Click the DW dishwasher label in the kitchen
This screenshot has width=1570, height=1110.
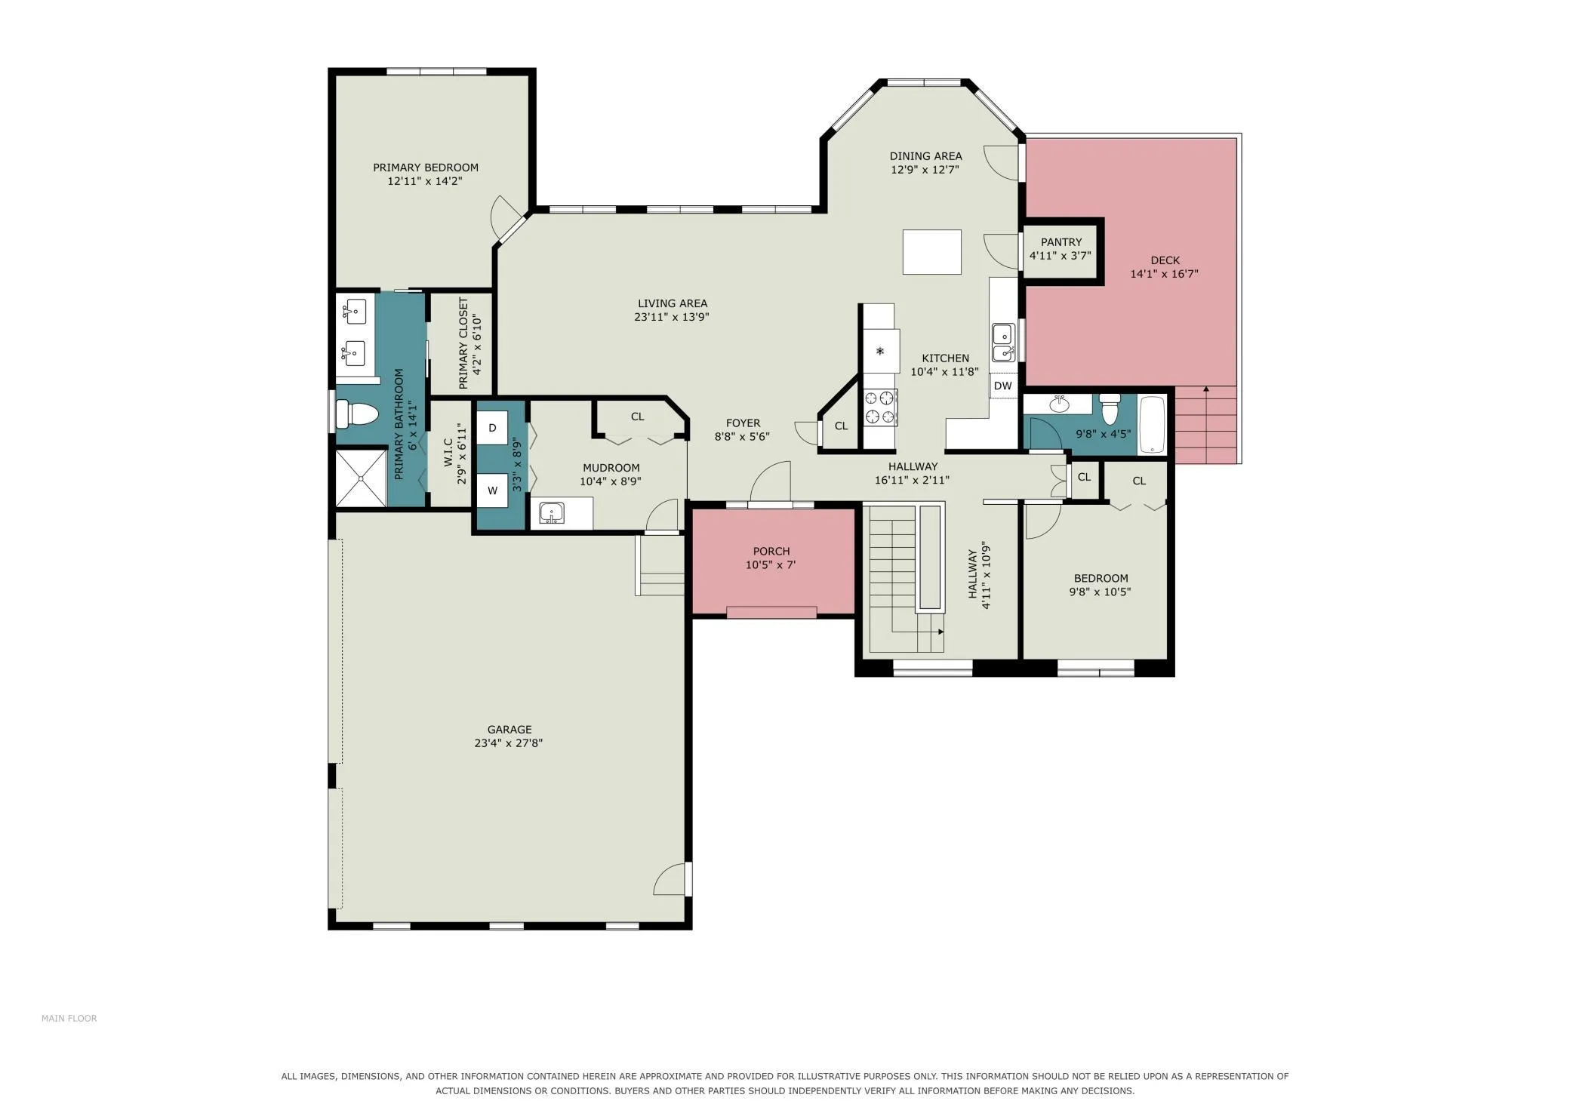click(1002, 386)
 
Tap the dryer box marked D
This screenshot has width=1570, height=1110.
click(492, 428)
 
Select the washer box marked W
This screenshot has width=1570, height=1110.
click(492, 490)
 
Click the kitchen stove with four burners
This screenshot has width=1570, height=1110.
click(880, 407)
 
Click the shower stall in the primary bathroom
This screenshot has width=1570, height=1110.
click(361, 478)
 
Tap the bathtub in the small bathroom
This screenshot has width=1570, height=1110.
click(1152, 425)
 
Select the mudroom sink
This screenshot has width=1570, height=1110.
click(552, 513)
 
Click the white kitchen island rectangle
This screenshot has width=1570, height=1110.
click(932, 252)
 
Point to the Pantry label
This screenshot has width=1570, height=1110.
click(1061, 242)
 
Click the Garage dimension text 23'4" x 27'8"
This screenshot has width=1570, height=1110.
click(508, 743)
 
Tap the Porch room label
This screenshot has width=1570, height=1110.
click(771, 552)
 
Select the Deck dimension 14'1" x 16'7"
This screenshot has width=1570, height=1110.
click(1164, 274)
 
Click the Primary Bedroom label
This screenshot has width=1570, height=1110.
click(426, 168)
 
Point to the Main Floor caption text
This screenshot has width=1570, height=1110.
click(69, 1019)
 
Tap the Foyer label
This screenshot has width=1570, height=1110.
click(743, 423)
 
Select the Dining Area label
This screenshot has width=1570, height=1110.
click(925, 156)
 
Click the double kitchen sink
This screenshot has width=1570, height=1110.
click(1003, 343)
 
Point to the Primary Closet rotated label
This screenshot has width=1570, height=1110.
click(463, 343)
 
